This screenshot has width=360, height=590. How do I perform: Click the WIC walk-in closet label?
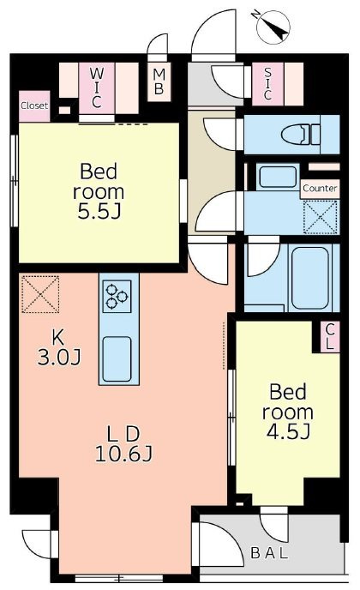pyautogui.click(x=96, y=87)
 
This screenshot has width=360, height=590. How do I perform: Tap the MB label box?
pyautogui.click(x=159, y=82)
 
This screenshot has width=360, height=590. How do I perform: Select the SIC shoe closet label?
pyautogui.click(x=267, y=83)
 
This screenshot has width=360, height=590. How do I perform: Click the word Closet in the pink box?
pyautogui.click(x=34, y=105)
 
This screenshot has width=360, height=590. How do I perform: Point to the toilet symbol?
pyautogui.click(x=301, y=135)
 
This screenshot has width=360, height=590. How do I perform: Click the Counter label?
pyautogui.click(x=320, y=188)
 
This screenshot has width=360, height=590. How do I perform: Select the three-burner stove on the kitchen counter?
pyautogui.click(x=117, y=296)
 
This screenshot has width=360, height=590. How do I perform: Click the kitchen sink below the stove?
pyautogui.click(x=117, y=358)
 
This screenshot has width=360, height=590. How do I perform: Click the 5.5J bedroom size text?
pyautogui.click(x=99, y=212)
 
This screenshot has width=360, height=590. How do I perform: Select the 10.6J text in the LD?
pyautogui.click(x=123, y=455)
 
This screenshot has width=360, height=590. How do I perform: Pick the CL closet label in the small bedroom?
pyautogui.click(x=330, y=337)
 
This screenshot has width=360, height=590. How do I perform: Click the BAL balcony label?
pyautogui.click(x=269, y=553)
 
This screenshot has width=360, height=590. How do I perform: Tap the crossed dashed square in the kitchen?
pyautogui.click(x=40, y=294)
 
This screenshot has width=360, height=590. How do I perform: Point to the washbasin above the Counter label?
pyautogui.click(x=278, y=177)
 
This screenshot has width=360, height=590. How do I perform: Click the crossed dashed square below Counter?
pyautogui.click(x=321, y=218)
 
